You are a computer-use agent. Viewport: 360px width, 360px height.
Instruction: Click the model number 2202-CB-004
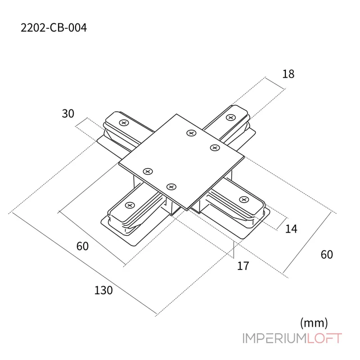[x=54, y=28]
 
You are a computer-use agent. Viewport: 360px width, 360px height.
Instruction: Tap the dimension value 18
[x=288, y=74]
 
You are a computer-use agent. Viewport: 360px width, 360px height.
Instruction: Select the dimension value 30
[x=68, y=114]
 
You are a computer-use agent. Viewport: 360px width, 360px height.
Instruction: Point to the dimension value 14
[x=291, y=229]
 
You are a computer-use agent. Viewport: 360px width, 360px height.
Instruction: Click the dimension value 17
[x=243, y=266]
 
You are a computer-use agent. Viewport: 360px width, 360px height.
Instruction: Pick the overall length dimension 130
[x=103, y=290]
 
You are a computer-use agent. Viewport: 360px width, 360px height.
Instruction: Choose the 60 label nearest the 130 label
[x=82, y=246]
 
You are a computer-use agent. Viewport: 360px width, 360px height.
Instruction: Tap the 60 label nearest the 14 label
[x=327, y=254]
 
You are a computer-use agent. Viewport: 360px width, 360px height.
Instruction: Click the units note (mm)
[x=314, y=322]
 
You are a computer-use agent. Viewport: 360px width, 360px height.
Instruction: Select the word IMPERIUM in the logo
[x=274, y=338]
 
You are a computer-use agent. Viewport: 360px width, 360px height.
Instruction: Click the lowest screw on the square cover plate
[x=171, y=187]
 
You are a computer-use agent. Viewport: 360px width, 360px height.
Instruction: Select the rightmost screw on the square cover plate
[x=213, y=147]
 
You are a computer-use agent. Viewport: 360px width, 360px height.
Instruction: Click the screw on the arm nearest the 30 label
[x=123, y=122]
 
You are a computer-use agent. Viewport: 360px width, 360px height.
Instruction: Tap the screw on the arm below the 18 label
[x=230, y=117]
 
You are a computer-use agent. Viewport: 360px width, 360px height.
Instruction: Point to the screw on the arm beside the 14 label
[x=244, y=200]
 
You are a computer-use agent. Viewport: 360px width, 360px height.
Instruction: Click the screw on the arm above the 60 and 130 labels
[x=130, y=205]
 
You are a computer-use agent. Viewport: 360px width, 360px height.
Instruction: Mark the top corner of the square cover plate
[x=177, y=114]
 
